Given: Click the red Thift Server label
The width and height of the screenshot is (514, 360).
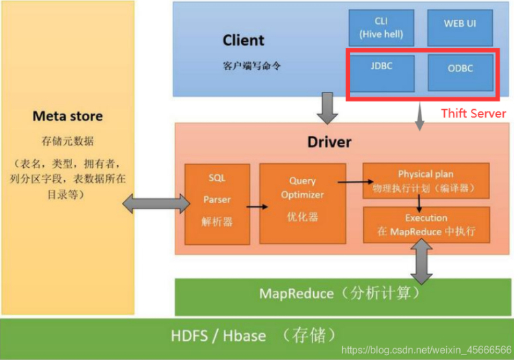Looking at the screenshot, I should (x=473, y=113).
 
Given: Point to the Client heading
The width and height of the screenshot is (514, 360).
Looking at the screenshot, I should (x=243, y=40).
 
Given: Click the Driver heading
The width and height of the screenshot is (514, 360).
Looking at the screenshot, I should (x=329, y=143).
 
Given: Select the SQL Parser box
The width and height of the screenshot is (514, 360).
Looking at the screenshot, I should (x=217, y=199).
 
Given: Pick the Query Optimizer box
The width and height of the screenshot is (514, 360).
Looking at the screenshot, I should (x=302, y=202).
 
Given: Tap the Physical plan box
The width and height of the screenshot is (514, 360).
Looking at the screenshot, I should (x=426, y=180).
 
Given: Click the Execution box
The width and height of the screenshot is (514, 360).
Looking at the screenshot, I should (x=426, y=224).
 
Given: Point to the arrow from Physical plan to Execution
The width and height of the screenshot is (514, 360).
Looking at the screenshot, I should (x=417, y=201).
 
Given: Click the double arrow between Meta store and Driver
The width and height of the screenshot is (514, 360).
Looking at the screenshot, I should (x=156, y=202).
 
